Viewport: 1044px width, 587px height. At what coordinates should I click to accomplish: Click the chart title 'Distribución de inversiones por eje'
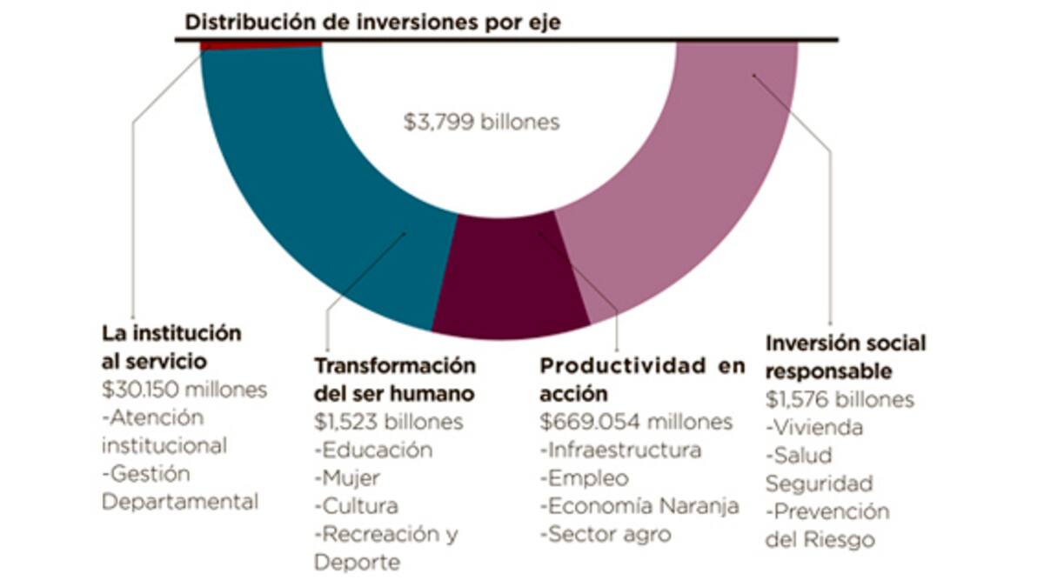pyautogui.click(x=372, y=23)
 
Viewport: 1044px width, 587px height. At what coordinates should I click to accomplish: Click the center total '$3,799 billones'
pyautogui.click(x=481, y=123)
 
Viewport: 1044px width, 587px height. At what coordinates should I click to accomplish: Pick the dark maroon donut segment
pyautogui.click(x=505, y=278)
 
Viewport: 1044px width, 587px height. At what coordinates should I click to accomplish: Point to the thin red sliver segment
pyautogui.click(x=261, y=45)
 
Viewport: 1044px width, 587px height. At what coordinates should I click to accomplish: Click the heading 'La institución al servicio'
pyautogui.click(x=171, y=346)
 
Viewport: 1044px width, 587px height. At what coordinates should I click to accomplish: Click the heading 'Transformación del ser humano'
pyautogui.click(x=395, y=378)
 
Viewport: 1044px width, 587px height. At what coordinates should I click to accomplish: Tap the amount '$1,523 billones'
pyautogui.click(x=388, y=422)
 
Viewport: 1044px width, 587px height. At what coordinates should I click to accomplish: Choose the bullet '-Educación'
pyautogui.click(x=373, y=450)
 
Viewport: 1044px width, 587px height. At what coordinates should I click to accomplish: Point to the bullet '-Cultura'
pyautogui.click(x=356, y=505)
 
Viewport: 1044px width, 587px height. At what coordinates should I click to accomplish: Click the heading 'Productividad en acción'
pyautogui.click(x=642, y=378)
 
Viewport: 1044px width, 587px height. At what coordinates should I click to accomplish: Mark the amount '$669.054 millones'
pyautogui.click(x=636, y=422)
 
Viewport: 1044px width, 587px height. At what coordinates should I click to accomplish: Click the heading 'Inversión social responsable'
pyautogui.click(x=846, y=357)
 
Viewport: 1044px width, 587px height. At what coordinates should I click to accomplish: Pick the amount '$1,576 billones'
pyautogui.click(x=840, y=399)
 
